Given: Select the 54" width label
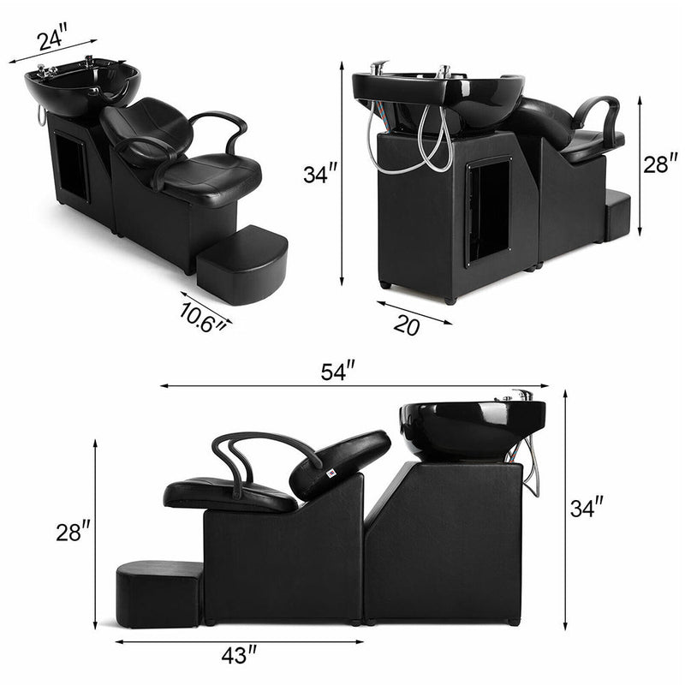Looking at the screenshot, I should [x=338, y=372].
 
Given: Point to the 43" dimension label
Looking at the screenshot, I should [x=238, y=656].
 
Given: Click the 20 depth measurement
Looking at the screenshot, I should [x=408, y=326].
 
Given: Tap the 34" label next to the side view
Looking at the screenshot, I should [x=588, y=509].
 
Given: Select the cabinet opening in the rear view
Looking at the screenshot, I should [x=489, y=210].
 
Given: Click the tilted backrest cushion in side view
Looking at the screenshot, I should [x=341, y=463].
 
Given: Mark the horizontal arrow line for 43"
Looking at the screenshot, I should [x=238, y=641].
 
